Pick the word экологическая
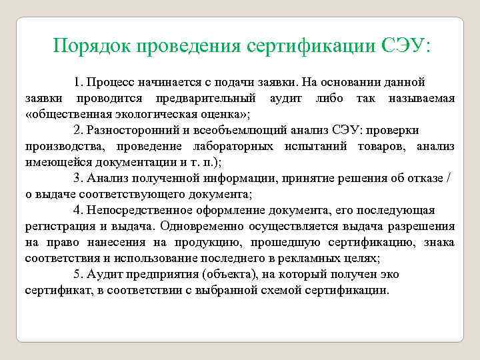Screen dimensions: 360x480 151,114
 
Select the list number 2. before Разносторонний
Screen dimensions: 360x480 79,130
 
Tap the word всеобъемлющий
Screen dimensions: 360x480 228,130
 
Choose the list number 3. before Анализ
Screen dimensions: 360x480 79,178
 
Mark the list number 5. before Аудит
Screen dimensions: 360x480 79,274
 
